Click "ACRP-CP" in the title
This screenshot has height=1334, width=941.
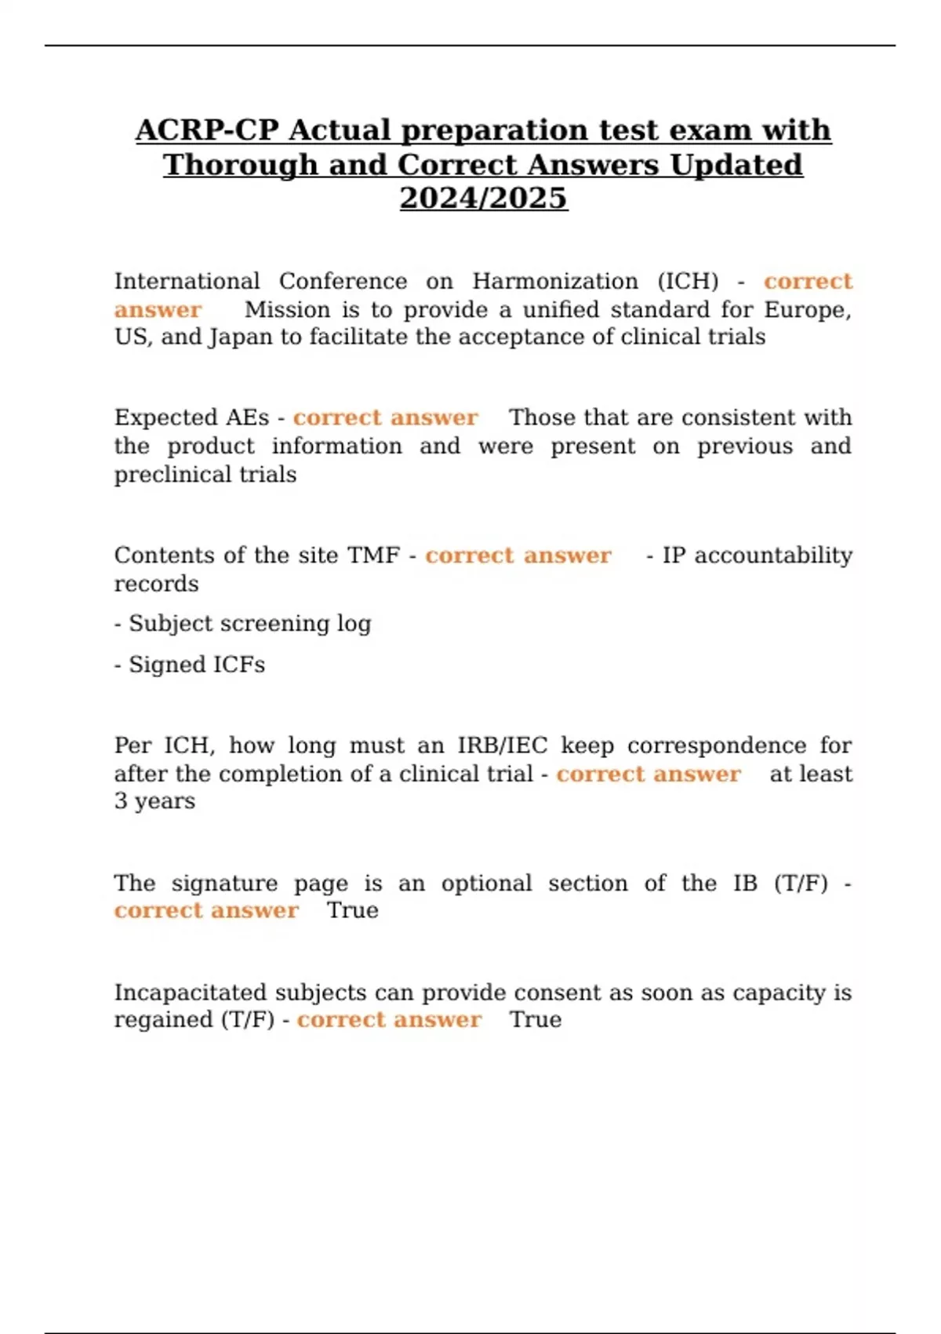(207, 130)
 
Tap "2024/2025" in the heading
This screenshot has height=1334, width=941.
(483, 198)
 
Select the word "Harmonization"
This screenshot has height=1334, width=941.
(555, 281)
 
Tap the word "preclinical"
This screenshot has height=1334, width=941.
(205, 475)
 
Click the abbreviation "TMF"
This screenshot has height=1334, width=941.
(373, 556)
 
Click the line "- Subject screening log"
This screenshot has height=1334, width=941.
(243, 624)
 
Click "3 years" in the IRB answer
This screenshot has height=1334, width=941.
(154, 801)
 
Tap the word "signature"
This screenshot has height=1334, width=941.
(224, 884)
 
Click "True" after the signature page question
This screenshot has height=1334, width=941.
(352, 910)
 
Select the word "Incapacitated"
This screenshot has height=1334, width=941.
(191, 993)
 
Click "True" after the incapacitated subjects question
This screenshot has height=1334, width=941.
(536, 1020)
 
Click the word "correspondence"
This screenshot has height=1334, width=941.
(717, 745)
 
